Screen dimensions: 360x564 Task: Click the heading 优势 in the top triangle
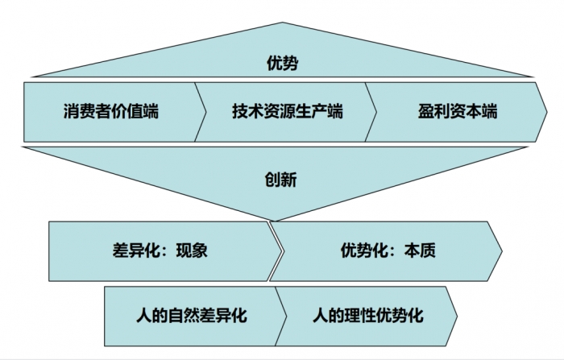coord(281,63)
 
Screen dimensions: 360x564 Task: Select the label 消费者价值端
coord(110,111)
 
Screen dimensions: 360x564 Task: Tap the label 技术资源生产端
coord(287,111)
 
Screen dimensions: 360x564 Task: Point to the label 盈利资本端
coord(458,111)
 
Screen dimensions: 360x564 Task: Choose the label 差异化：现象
coord(160,250)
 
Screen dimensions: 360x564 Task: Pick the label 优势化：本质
coord(388,250)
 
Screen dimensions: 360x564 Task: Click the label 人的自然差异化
coord(191,313)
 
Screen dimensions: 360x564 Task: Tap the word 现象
coord(191,250)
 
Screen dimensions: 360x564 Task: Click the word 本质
coord(420,250)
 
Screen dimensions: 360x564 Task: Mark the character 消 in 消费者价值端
coord(71,111)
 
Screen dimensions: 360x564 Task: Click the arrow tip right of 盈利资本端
coord(550,111)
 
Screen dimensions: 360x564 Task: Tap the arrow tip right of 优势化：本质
coord(501,251)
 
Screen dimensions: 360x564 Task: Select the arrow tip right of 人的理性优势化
coord(457,314)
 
